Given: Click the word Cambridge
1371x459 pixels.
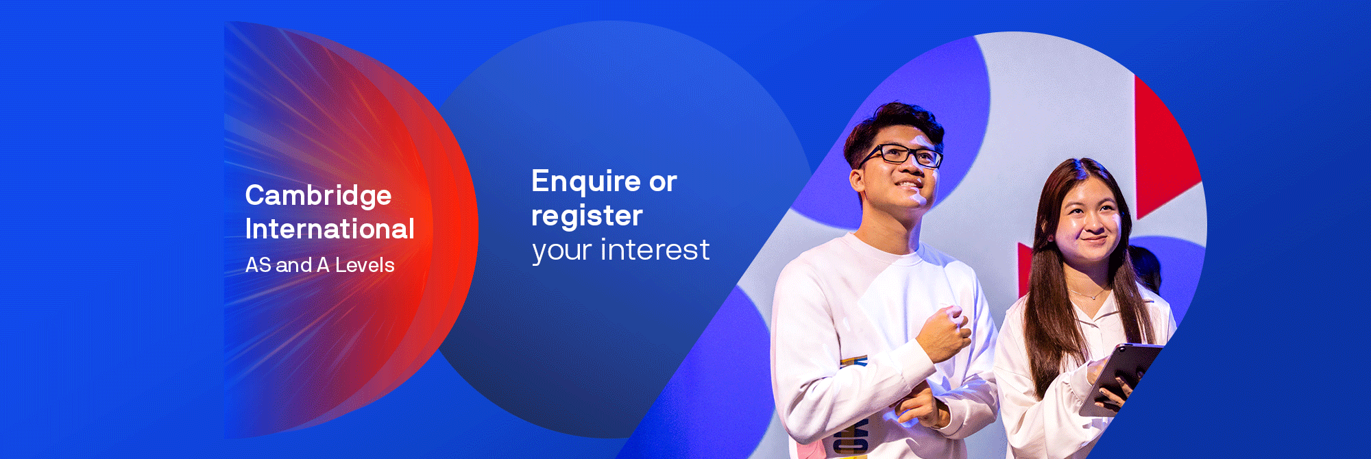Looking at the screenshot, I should [318, 197].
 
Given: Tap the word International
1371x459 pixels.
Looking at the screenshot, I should [330, 229].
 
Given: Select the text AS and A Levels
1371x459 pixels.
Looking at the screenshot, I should [319, 265].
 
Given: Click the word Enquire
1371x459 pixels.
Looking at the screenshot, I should [585, 182].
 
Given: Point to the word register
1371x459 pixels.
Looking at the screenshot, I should [587, 216].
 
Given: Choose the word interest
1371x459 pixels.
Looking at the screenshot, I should [655, 250].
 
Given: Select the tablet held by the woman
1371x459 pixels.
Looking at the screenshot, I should [1121, 377].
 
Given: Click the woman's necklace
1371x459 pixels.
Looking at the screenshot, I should [1090, 295].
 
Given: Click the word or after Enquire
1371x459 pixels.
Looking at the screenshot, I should [663, 182].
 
